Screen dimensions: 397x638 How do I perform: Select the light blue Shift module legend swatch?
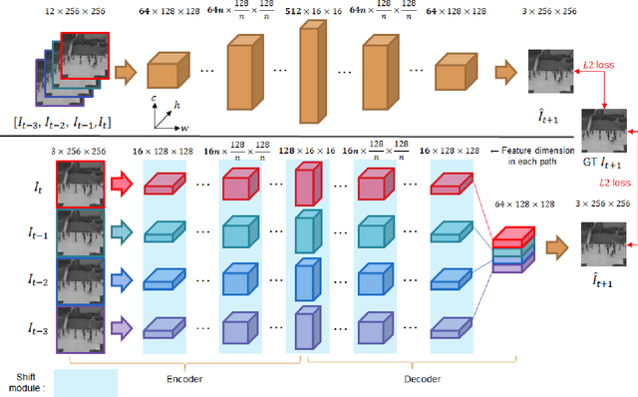click(87, 380)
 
